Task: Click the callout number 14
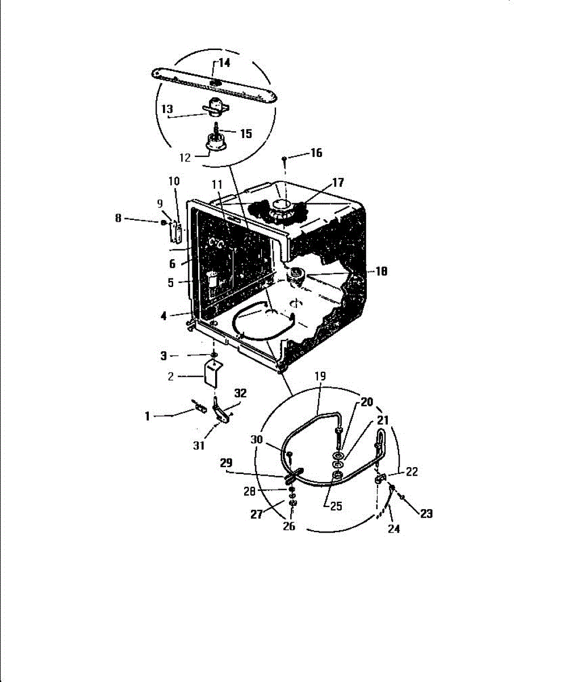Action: [225, 63]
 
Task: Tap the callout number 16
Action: [316, 153]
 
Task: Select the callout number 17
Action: [338, 182]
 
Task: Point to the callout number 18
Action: [382, 272]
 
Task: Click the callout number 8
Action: [118, 218]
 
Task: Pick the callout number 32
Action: [241, 393]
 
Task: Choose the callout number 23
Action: [426, 513]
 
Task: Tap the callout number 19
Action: [320, 376]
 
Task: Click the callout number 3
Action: [164, 356]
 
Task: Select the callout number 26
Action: [289, 526]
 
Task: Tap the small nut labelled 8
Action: [164, 222]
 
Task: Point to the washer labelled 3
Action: [213, 356]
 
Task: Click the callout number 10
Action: [174, 181]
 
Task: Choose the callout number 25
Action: [336, 506]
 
